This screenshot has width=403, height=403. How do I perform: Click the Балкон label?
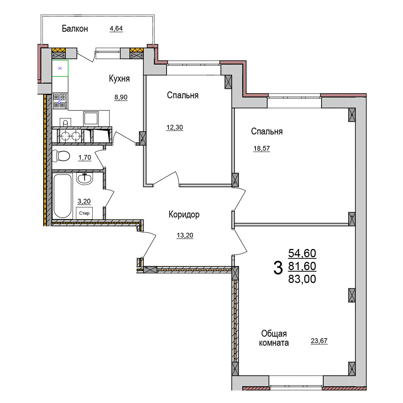point(75,29)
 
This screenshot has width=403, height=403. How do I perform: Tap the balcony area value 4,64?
point(116,28)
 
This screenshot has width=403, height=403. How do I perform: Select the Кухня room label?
point(119,79)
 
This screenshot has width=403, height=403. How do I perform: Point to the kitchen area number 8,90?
point(121,97)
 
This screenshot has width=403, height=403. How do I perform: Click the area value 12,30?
point(175,127)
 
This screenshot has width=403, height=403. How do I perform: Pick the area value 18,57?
point(262,149)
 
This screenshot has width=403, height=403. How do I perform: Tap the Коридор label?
point(184,214)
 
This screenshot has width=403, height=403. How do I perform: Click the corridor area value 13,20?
point(185,235)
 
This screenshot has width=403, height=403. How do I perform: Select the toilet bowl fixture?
point(61,156)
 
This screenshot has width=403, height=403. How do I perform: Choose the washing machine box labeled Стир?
point(84,213)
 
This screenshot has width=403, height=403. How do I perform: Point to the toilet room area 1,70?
point(85,157)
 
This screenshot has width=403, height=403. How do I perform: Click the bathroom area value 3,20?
point(84,201)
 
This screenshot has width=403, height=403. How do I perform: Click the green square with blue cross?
point(60,69)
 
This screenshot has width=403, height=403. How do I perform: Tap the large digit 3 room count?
point(278,268)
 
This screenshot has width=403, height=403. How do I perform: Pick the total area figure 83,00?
point(302,279)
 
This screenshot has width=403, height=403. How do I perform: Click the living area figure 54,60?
point(302,253)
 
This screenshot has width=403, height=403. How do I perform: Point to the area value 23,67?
point(319,341)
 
